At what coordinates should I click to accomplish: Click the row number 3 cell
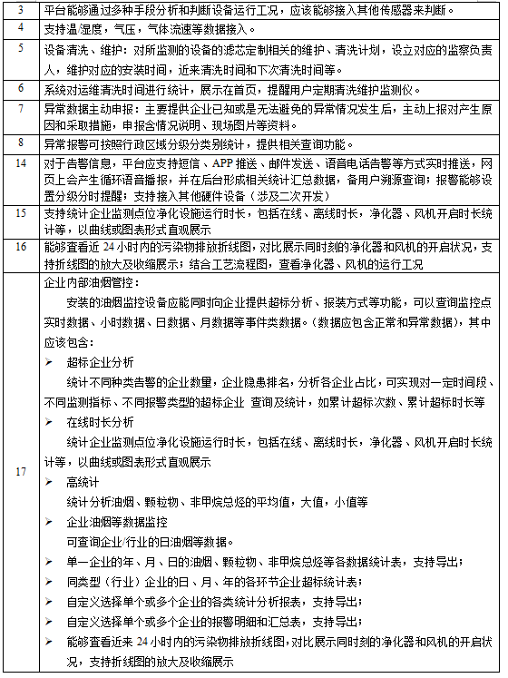pyautogui.click(x=21, y=10)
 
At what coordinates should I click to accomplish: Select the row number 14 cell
pyautogui.click(x=21, y=179)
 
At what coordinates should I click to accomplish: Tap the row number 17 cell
pyautogui.click(x=21, y=472)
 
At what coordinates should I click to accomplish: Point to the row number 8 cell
pyautogui.click(x=21, y=143)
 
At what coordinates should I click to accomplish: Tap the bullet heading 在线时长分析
pyautogui.click(x=100, y=422)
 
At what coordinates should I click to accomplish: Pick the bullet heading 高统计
pyautogui.click(x=83, y=480)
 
